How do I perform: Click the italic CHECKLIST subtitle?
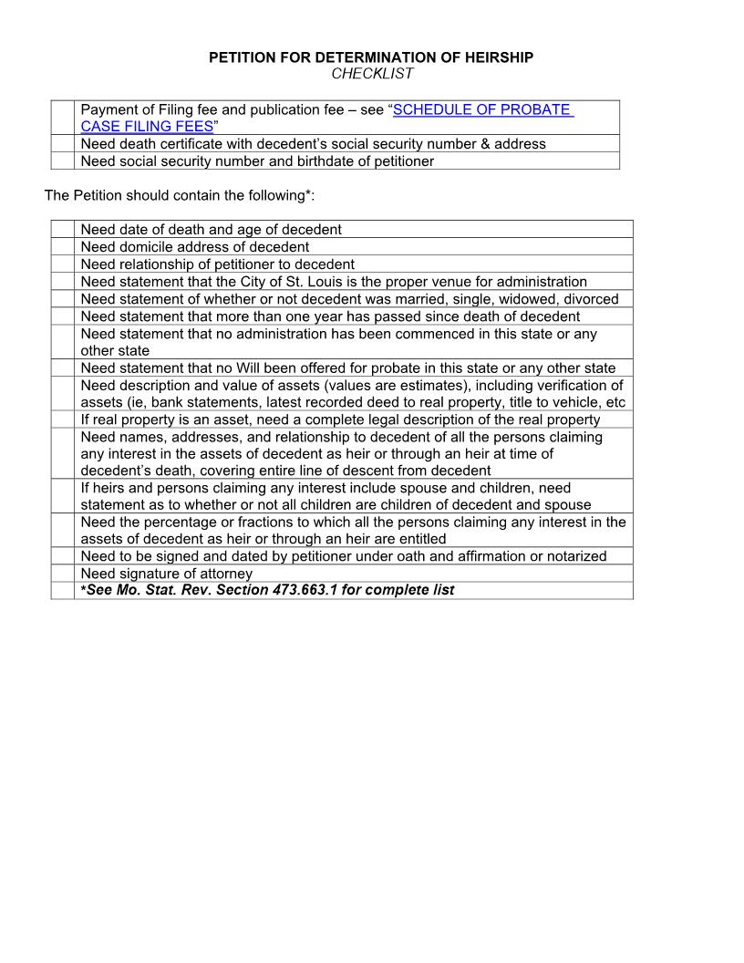(x=372, y=74)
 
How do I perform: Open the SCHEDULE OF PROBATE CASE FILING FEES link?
(x=482, y=109)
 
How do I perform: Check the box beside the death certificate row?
(x=62, y=144)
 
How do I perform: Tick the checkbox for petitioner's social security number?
(x=62, y=161)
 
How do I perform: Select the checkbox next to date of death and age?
(x=62, y=229)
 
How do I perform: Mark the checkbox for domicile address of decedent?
(x=62, y=246)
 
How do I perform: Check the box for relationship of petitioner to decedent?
(x=62, y=264)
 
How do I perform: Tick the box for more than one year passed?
(x=62, y=316)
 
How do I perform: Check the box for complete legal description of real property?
(x=62, y=419)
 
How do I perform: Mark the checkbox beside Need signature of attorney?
(x=62, y=574)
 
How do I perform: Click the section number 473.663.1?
(x=305, y=590)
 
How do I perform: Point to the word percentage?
(x=188, y=522)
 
